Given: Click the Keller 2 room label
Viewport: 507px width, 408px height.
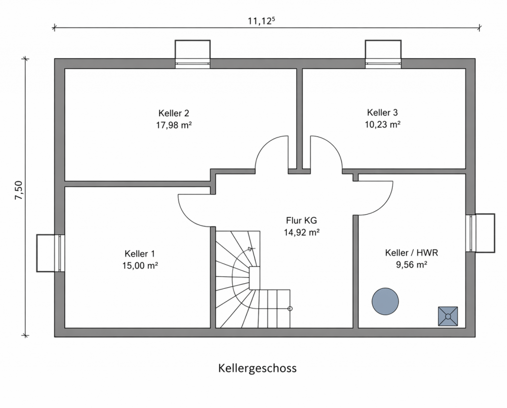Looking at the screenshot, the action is point(173,113).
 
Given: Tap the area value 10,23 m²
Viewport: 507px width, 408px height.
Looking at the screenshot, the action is point(382,125).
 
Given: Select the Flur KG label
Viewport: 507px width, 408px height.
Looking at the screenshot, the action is point(301,221).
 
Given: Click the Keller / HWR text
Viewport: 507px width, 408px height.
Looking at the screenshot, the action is point(411,253).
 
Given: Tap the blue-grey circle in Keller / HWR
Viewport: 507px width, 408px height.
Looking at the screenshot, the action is point(385,301).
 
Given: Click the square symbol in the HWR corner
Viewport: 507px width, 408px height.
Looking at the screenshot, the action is point(448,316).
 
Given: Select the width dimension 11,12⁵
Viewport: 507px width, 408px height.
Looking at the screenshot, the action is point(261,20).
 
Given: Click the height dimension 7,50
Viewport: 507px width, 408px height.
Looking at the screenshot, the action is point(19,190).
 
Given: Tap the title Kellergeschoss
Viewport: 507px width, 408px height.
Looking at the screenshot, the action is point(257,368).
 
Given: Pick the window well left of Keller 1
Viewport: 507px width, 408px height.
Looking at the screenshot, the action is point(49,253).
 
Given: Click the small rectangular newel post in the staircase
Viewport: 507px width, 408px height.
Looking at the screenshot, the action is point(254,278).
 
